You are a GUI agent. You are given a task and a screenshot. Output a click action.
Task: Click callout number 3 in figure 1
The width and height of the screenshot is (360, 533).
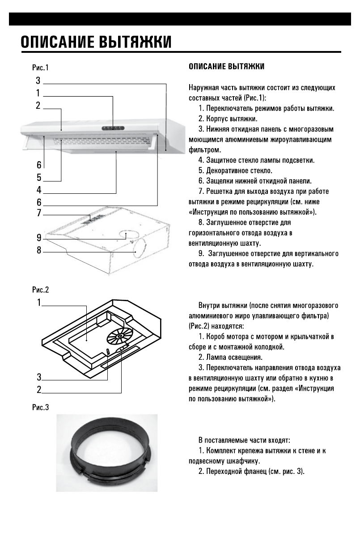[38, 81]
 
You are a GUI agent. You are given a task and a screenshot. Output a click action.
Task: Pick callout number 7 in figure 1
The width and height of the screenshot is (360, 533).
[39, 213]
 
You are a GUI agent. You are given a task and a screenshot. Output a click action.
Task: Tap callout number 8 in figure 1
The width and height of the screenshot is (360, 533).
[39, 251]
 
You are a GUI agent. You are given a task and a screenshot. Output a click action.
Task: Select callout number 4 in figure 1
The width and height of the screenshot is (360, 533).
[39, 189]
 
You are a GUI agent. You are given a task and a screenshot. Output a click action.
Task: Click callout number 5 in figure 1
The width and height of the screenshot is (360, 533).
[39, 177]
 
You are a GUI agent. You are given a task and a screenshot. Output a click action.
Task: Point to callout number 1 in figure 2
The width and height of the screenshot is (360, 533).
[39, 303]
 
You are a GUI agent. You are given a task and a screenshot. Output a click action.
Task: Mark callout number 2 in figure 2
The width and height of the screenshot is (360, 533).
[39, 390]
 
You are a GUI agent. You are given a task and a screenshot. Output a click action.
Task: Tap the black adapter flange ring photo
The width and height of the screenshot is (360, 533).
[107, 453]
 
